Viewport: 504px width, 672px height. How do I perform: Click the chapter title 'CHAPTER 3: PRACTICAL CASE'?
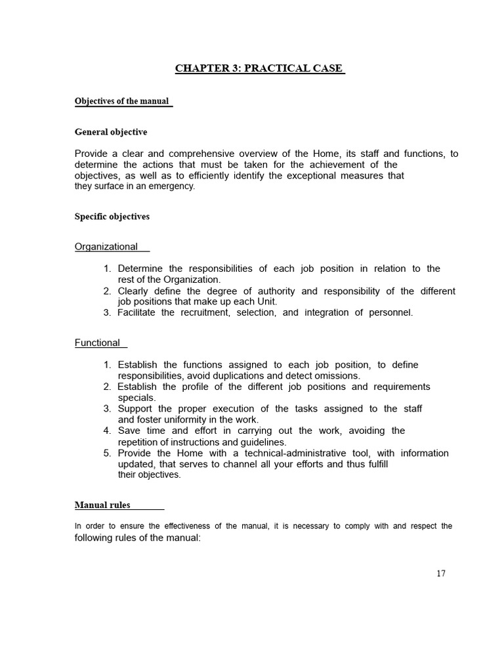coord(259,68)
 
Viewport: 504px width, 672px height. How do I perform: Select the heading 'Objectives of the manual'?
coord(122,101)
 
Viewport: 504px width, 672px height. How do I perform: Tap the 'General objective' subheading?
coord(111,132)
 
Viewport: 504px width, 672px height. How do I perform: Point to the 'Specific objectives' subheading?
coord(112,217)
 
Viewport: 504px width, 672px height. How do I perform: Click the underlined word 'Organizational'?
coord(106,247)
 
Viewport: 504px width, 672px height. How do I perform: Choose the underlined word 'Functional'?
coord(98,343)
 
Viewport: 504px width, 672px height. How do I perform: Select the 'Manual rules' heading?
coord(102,505)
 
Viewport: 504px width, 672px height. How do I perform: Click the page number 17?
coord(440,573)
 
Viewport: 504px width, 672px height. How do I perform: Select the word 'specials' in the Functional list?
coord(136,398)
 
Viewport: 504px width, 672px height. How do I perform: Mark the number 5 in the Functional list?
coord(106,453)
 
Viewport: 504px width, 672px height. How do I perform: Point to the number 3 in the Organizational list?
coord(107,312)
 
